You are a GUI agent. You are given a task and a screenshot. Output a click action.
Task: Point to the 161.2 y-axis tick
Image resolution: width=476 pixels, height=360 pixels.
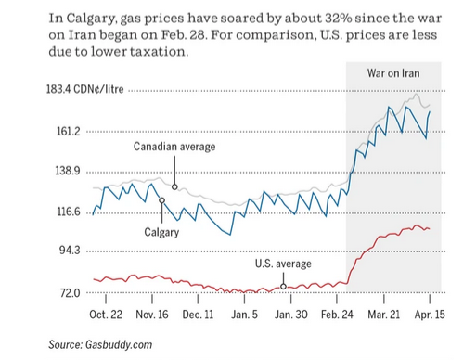[x=71, y=132]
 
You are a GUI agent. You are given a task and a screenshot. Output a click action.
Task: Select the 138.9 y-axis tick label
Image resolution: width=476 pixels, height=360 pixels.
[x=71, y=172]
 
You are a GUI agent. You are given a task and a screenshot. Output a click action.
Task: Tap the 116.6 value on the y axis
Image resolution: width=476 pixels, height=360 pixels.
[x=71, y=212]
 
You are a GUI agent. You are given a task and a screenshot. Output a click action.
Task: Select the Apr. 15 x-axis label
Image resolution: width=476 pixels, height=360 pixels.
[x=428, y=315]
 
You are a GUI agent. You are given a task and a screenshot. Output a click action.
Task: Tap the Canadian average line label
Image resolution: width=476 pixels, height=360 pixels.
[x=174, y=147]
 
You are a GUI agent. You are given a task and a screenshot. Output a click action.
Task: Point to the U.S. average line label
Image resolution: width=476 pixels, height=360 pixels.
[x=283, y=264]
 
